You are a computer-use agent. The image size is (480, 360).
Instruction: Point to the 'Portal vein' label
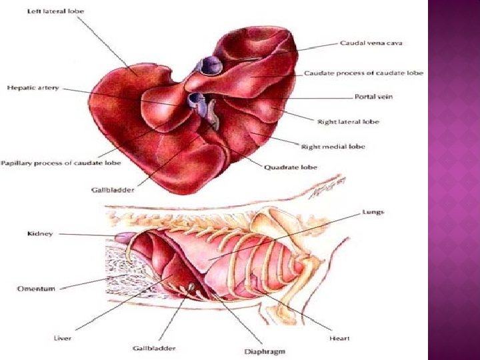tap(373, 97)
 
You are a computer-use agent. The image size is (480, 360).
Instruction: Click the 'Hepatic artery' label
tap(33, 88)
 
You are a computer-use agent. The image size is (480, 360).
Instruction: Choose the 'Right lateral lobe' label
tap(348, 121)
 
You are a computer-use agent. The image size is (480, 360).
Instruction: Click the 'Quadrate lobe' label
tap(310, 167)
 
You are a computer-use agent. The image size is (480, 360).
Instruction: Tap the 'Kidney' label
tap(40, 234)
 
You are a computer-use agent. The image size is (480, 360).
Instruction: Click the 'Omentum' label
tap(36, 289)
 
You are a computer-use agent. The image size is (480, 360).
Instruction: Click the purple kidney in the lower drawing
tap(125, 237)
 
